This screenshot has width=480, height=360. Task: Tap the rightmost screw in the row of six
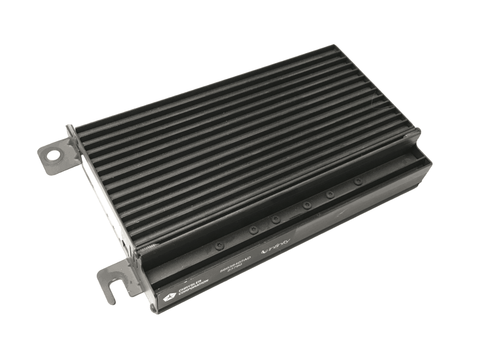click(x=357, y=181)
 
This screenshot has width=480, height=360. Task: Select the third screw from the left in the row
click(x=276, y=219)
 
